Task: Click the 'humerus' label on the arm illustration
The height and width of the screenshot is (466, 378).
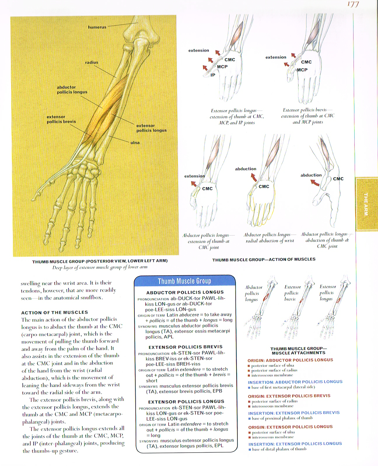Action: point(97,27)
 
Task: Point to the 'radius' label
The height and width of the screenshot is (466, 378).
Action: point(92,62)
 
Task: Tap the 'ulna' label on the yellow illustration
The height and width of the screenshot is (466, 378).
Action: point(135,143)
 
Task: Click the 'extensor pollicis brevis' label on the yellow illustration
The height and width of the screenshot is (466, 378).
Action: point(61,119)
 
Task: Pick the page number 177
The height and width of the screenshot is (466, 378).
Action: point(353,5)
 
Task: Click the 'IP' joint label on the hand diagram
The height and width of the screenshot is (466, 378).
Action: point(213,75)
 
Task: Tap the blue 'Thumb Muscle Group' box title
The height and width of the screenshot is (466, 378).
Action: point(184,281)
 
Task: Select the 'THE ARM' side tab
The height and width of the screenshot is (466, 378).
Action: point(366,204)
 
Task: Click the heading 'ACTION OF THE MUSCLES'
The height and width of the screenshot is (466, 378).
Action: point(55,312)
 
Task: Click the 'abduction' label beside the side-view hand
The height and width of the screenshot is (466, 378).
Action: point(311,175)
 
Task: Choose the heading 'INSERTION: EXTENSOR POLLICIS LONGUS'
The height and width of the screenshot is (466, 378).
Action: point(295,444)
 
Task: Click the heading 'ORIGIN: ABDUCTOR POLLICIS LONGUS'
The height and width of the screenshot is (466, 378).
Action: point(290,360)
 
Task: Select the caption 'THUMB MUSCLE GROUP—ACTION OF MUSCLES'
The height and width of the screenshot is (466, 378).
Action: point(264,259)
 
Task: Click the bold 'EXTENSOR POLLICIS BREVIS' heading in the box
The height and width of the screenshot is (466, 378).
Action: point(185,347)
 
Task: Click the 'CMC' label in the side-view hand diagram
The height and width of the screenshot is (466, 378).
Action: point(338,179)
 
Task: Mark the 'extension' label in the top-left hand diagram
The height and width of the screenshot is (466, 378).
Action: point(199,50)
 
